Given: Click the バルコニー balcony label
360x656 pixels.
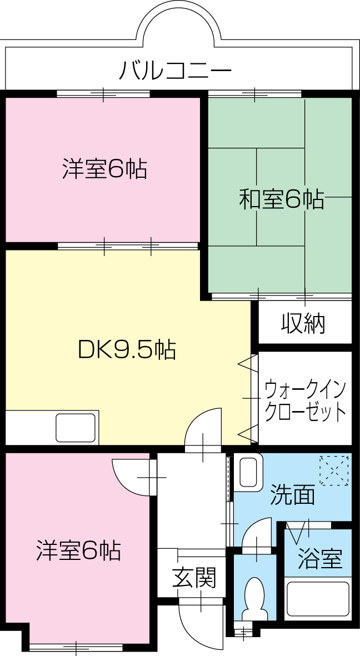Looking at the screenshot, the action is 175,71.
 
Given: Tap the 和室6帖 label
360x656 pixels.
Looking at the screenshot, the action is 281,199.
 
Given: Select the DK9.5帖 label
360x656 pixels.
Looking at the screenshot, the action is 127,349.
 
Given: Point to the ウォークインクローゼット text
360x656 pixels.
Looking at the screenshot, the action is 305,399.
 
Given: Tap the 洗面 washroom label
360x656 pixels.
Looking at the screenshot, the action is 292,494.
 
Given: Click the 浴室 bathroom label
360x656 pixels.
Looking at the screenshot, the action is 319,558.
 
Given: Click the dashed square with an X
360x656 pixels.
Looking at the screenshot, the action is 334,470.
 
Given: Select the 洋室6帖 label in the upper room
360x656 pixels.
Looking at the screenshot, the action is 104,169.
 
